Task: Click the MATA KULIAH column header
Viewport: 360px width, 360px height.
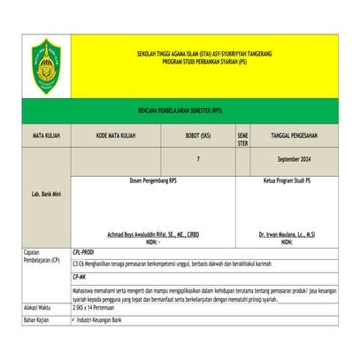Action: tap(44, 137)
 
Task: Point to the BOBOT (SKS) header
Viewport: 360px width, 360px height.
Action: tap(198, 136)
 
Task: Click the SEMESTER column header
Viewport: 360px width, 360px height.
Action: tap(243, 140)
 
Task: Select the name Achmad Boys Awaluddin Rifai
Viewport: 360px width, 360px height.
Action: tap(153, 234)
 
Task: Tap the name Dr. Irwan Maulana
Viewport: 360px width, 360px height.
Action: tap(287, 234)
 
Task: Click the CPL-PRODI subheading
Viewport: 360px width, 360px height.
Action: tap(85, 251)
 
